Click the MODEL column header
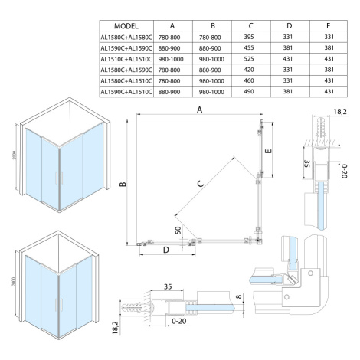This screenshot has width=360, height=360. click(x=126, y=26)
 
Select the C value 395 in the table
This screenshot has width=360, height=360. click(x=249, y=37)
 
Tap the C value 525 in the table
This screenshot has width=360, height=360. click(x=249, y=59)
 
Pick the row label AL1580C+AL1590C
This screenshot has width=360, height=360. click(x=126, y=70)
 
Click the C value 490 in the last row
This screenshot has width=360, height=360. click(x=249, y=91)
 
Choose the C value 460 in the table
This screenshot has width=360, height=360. click(x=249, y=80)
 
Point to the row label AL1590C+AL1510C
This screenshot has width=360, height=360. click(x=126, y=92)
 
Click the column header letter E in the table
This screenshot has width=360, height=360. click(x=329, y=25)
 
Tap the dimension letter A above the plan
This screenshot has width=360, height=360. click(x=200, y=110)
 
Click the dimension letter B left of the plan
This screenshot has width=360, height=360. click(x=123, y=184)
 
